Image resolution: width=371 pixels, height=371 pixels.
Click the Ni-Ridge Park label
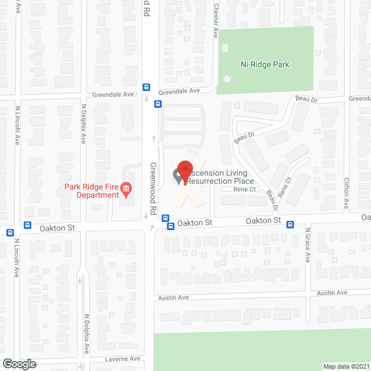point(265,65)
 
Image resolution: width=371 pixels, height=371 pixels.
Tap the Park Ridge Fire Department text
point(92,191)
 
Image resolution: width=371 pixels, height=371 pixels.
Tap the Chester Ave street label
point(215,21)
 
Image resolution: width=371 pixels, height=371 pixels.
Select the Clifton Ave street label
point(347,192)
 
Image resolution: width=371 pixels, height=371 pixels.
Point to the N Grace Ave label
point(308,245)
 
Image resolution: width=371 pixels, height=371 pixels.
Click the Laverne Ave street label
point(123,359)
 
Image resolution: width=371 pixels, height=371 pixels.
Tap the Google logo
point(19,364)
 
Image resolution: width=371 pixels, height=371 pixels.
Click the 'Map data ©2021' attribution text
point(345,366)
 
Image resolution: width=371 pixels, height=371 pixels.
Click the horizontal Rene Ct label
point(245,190)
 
